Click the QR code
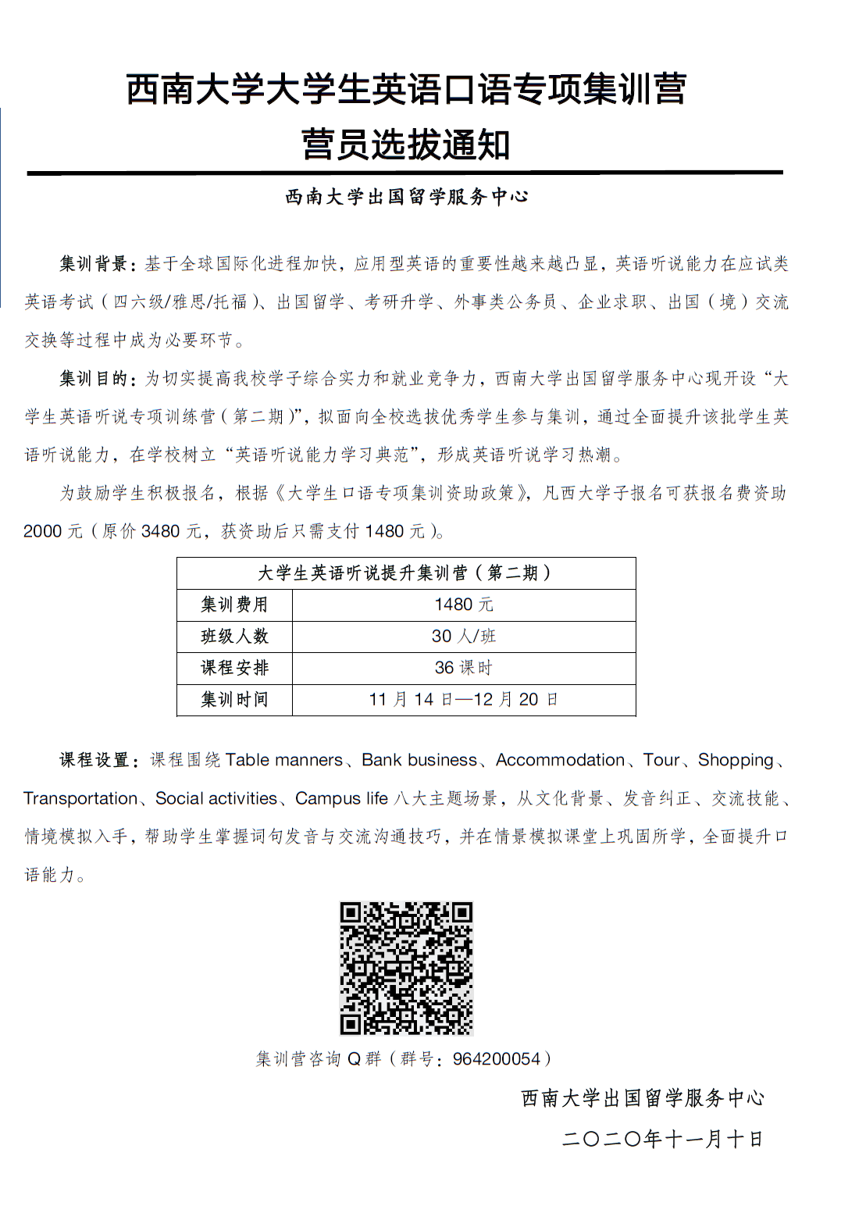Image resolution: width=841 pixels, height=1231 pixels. (406, 968)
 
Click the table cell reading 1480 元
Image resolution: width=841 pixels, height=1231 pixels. (464, 605)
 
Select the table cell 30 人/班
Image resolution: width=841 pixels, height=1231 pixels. (464, 637)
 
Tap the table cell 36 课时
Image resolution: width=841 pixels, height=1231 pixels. (464, 668)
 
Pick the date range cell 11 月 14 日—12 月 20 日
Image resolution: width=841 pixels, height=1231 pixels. (464, 699)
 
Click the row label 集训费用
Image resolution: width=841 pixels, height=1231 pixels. (234, 605)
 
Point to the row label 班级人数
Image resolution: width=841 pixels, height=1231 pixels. (234, 637)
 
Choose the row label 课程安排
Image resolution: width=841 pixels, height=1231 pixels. (234, 668)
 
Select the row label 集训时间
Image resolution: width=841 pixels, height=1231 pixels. (234, 699)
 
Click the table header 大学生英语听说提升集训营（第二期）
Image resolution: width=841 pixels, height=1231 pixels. (406, 573)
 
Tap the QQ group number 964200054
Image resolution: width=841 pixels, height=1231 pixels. (497, 1059)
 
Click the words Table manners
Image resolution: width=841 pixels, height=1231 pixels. (284, 760)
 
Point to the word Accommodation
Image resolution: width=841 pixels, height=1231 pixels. (560, 760)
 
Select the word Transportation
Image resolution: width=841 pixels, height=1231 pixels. (80, 798)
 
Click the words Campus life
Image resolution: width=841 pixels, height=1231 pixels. (341, 798)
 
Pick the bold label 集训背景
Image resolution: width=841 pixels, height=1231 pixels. (94, 264)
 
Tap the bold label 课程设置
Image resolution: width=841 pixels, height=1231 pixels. (94, 760)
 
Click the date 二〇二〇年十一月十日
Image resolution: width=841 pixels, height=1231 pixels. (662, 1139)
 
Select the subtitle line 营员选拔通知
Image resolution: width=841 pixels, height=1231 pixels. (406, 145)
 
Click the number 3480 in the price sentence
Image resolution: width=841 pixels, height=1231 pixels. (161, 531)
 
